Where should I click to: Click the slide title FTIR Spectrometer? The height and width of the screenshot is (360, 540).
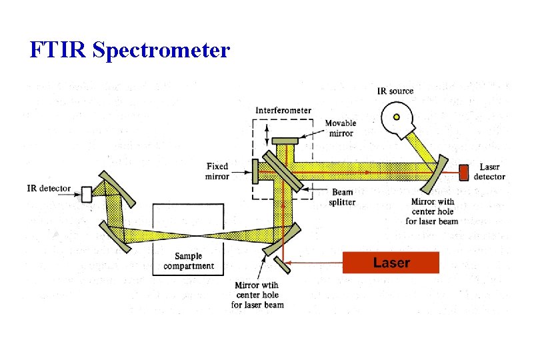click(130, 49)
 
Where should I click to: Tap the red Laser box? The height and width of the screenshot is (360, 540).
click(391, 263)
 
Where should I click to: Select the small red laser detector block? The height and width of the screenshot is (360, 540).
click(464, 172)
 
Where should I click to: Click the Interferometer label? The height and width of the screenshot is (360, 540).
click(283, 110)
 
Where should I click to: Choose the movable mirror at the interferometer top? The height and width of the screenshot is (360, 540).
click(285, 140)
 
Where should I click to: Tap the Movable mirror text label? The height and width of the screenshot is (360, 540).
click(340, 128)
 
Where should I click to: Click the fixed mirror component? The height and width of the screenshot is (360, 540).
click(255, 171)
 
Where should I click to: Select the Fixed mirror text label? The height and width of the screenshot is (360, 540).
click(218, 171)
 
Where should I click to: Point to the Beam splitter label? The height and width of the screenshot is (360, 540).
click(343, 197)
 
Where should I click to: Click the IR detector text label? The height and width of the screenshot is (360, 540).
click(49, 189)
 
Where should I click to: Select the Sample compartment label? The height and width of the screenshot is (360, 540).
click(189, 261)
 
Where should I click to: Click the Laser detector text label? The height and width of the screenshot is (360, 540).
click(489, 172)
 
